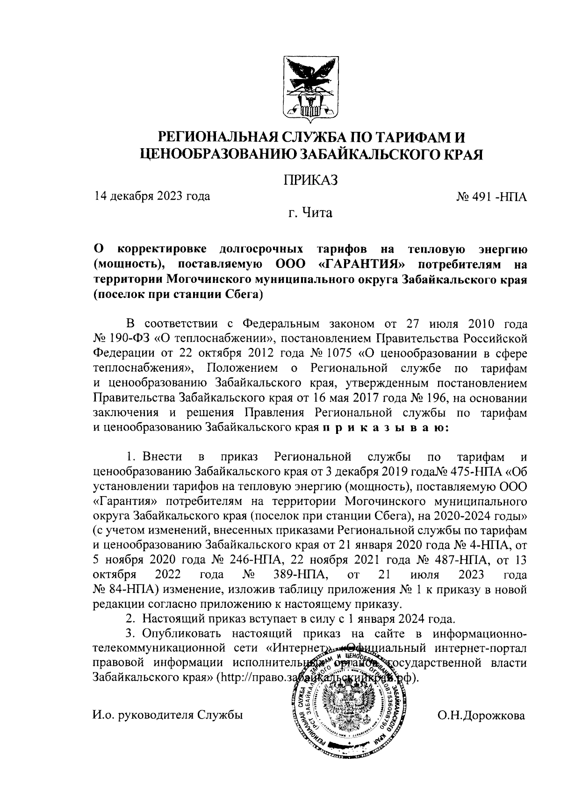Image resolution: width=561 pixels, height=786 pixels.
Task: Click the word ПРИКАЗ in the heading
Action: (x=310, y=180)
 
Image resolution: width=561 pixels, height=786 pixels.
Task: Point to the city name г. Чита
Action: (x=310, y=214)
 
